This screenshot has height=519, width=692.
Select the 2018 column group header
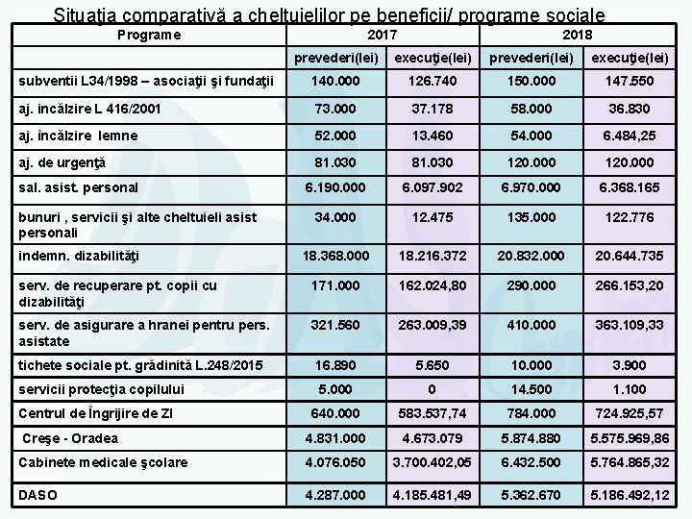(576, 35)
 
